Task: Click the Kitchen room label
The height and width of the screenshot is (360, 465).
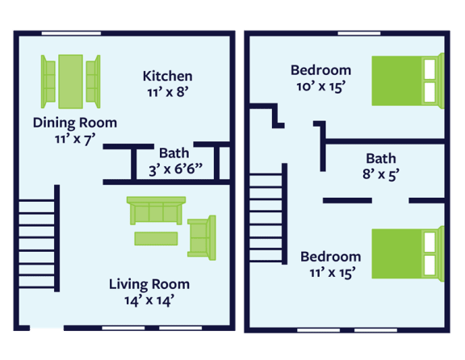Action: point(168,76)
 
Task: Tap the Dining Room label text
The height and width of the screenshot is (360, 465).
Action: point(75,123)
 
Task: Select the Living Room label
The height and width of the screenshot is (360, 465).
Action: point(149,284)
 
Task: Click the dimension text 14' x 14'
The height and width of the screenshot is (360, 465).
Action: point(149,301)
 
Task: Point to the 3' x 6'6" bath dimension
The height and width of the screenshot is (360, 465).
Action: point(175,170)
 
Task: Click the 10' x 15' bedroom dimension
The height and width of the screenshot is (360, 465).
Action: point(320,86)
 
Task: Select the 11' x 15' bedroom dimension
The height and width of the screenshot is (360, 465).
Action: point(333,273)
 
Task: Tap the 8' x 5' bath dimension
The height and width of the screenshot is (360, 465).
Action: point(381,174)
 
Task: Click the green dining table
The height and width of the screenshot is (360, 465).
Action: point(70,82)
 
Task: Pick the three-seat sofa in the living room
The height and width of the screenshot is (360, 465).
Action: point(157,211)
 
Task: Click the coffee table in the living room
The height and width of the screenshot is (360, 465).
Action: point(156,238)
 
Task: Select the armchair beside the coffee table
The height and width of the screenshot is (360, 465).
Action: point(202,238)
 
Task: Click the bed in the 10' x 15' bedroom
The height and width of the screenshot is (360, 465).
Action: point(408,81)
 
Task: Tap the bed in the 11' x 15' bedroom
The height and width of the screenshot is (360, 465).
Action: point(408,253)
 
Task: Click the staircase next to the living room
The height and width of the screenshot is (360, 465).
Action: point(39,238)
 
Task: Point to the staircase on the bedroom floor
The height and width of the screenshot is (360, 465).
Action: point(268,214)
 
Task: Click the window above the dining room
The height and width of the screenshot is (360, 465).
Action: point(71,33)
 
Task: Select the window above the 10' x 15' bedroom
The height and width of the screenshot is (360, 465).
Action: point(359,33)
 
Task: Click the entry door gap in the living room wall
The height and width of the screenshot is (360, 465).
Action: point(47,328)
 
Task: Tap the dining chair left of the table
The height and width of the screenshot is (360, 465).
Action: point(48,82)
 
